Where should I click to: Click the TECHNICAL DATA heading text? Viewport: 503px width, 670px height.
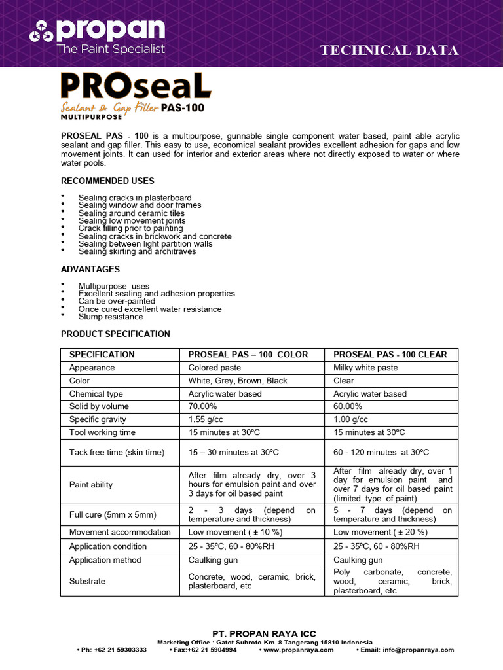pos(389,50)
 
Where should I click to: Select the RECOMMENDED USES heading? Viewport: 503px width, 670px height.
pos(107,181)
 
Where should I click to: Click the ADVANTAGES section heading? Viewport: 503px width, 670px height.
pos(90,269)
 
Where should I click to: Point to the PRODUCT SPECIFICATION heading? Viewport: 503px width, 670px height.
pos(115,334)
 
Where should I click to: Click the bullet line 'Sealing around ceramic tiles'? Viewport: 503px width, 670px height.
pos(131,213)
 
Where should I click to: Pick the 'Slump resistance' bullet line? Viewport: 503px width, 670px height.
pos(110,317)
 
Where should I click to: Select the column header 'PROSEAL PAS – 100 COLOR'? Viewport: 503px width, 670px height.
pos(248,355)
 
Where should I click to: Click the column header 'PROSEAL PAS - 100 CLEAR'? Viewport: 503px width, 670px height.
pos(390,355)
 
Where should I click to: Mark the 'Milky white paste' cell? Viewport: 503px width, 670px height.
pos(365,368)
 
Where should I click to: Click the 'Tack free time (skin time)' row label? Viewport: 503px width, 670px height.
pos(117,452)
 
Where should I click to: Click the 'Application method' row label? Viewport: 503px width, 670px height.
pos(105,560)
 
